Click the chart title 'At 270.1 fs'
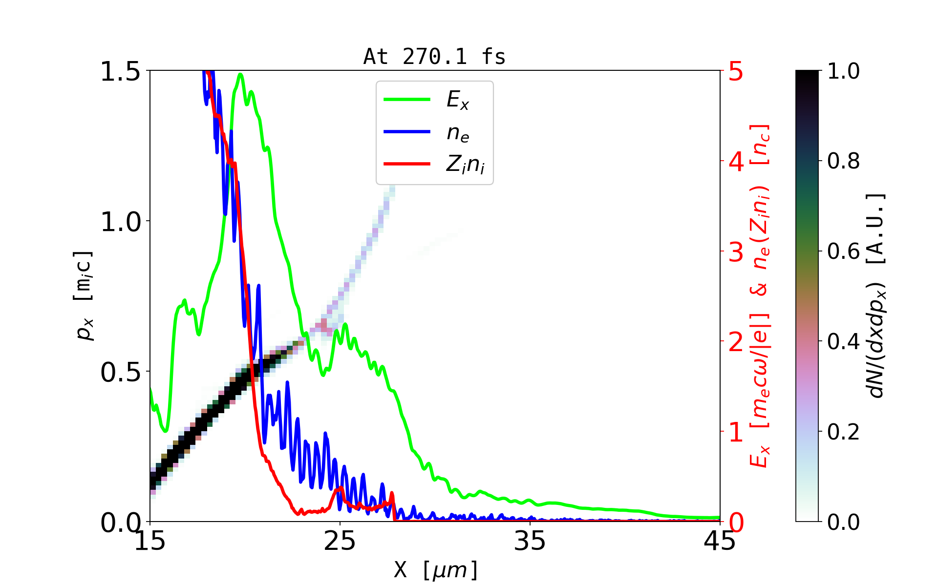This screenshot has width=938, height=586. tap(434, 57)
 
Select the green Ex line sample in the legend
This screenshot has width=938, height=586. tap(407, 100)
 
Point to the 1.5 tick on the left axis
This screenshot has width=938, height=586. tap(120, 71)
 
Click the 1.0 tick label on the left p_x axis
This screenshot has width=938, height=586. tap(120, 222)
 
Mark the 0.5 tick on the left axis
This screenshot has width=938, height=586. tap(120, 372)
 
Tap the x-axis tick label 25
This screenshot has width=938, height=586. tap(340, 541)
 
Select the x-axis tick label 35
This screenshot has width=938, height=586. tap(530, 541)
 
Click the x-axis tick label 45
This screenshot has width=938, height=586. tap(720, 541)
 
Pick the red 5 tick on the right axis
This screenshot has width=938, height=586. tap(736, 72)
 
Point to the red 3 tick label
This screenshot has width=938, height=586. tap(736, 252)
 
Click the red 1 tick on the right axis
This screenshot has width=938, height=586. tap(736, 432)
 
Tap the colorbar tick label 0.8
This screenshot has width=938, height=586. tap(843, 161)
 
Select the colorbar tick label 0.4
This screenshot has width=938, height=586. tap(843, 342)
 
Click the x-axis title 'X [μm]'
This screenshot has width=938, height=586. tap(436, 570)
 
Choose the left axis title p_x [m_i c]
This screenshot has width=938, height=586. tap(84, 295)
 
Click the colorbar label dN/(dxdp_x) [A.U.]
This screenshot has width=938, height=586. tap(877, 295)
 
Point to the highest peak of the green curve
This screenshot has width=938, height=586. tap(240, 74)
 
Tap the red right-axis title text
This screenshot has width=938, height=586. tap(760, 295)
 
